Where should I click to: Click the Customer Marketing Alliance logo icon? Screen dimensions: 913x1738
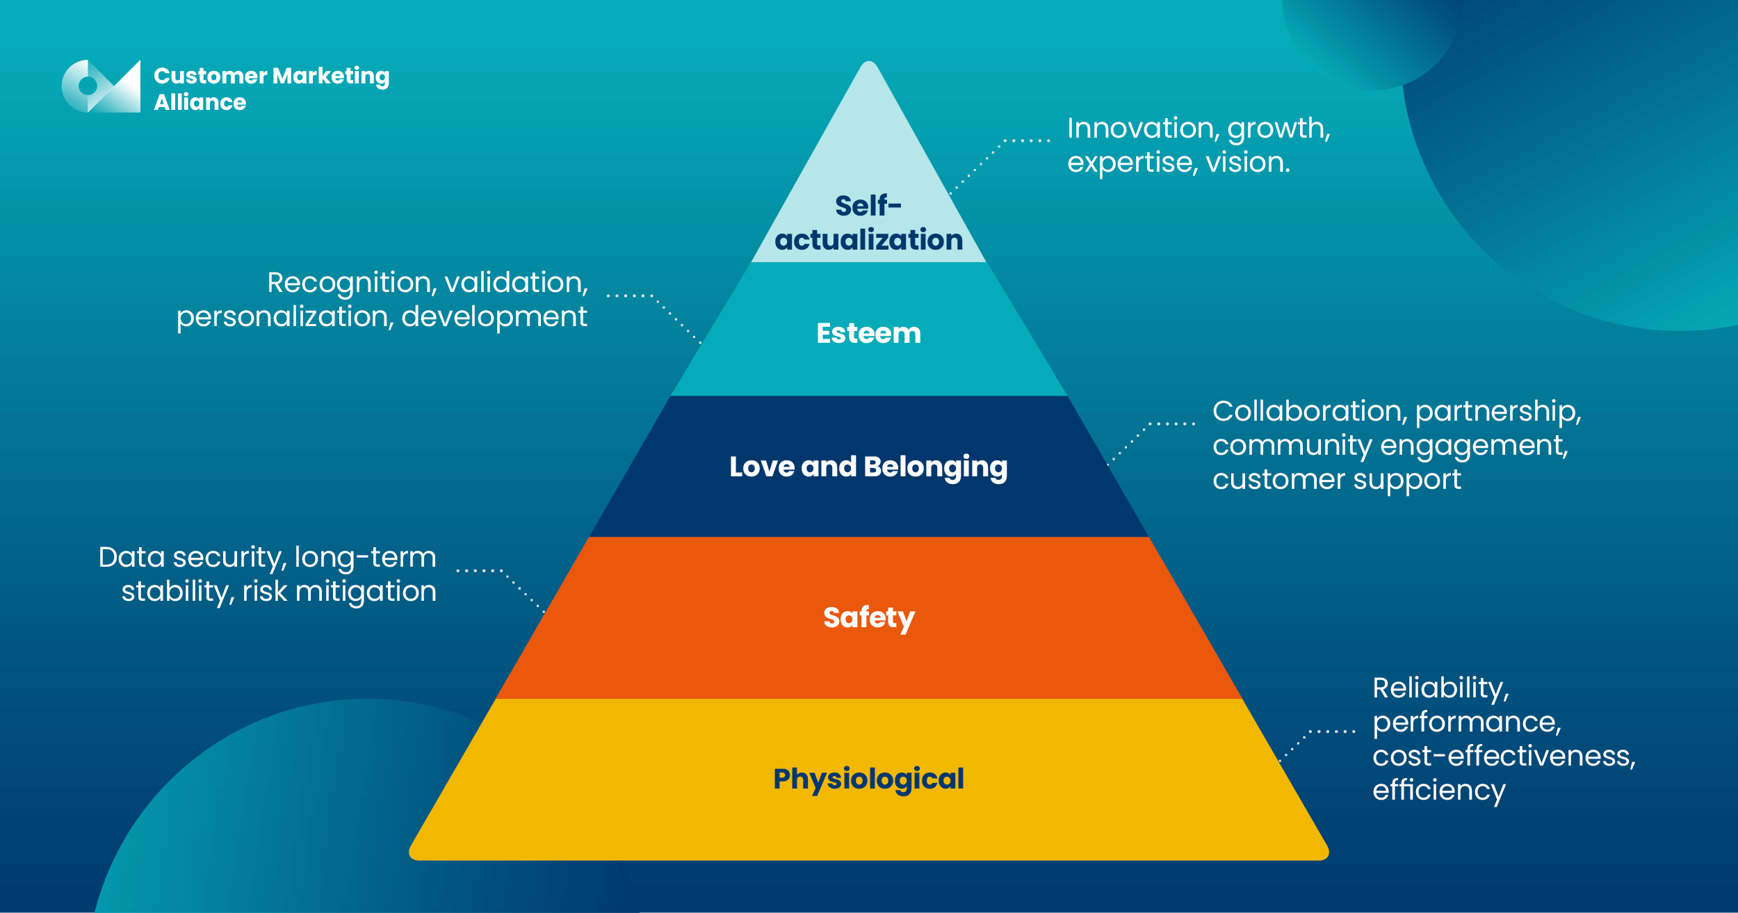point(101,86)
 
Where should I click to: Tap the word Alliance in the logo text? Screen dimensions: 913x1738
point(200,102)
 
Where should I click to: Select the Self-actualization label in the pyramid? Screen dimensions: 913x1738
point(868,223)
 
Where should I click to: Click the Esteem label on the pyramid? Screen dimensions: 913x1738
point(868,333)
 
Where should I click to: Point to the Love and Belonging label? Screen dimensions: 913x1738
point(868,467)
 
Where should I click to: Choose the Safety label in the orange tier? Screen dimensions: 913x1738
point(868,617)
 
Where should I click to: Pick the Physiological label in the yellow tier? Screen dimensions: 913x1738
point(868,779)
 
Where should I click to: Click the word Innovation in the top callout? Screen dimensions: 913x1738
point(1140,128)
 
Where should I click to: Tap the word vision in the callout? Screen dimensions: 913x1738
point(1247,163)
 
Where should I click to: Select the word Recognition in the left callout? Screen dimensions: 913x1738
point(350,282)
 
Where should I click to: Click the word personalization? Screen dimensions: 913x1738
point(285,317)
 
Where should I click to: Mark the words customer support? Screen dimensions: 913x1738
point(1336,479)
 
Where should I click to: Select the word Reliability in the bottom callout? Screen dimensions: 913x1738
point(1440,688)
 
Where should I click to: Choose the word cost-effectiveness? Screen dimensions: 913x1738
point(1503,756)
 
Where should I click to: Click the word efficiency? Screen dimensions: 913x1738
point(1438,790)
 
